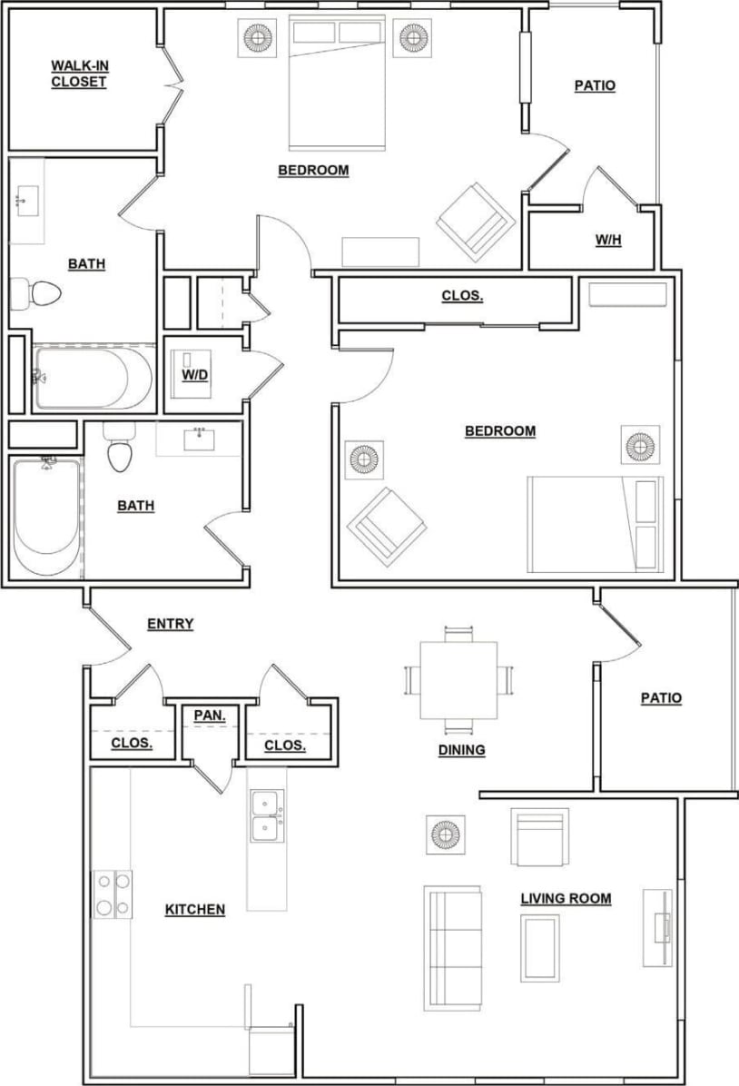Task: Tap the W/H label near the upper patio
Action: pos(607,241)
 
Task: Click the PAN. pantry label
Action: pos(209,716)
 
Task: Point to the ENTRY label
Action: pos(170,624)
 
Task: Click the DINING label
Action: pos(461,750)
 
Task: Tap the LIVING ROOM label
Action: pos(565,899)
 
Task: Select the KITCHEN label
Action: pos(194,909)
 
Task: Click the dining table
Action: pos(458,680)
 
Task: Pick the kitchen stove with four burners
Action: pos(113,893)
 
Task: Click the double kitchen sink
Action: pos(265,816)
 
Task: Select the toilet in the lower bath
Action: pos(119,451)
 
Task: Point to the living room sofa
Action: pos(452,948)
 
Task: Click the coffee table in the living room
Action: pos(539,948)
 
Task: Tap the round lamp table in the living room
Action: pos(446,834)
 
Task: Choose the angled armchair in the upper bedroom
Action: pos(476,220)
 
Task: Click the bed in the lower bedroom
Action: pos(595,524)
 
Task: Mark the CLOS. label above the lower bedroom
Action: pos(461,296)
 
